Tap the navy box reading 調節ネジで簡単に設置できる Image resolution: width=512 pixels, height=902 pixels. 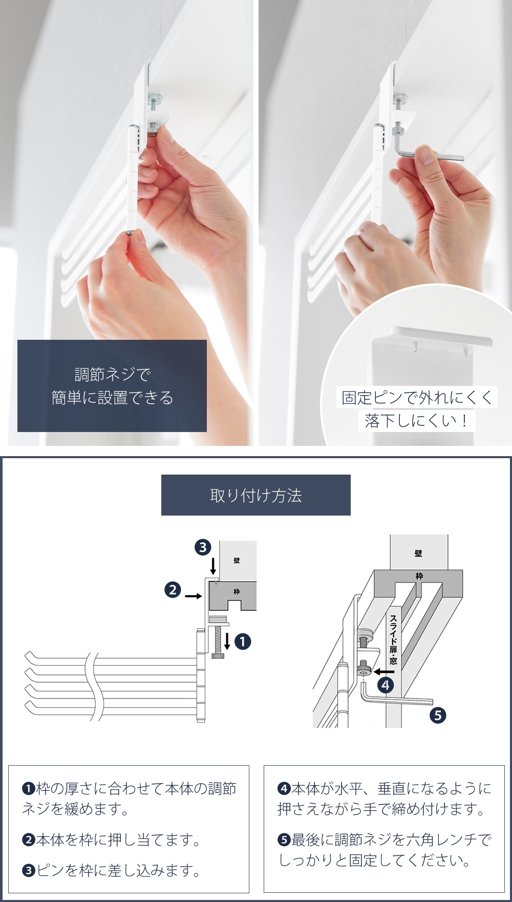click(x=112, y=385)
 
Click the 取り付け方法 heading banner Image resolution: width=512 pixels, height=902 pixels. click(x=256, y=495)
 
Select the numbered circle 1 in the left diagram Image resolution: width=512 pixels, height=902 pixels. click(x=243, y=641)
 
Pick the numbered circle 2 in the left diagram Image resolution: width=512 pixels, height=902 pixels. click(x=173, y=590)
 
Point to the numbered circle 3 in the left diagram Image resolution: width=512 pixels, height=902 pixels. click(x=203, y=547)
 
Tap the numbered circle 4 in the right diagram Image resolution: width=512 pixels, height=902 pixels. click(x=386, y=685)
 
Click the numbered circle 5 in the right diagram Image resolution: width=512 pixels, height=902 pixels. click(x=438, y=715)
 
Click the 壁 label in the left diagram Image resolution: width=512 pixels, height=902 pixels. click(x=237, y=560)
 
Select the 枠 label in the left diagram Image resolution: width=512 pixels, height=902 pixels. click(x=237, y=591)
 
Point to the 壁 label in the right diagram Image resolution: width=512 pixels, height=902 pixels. click(x=419, y=553)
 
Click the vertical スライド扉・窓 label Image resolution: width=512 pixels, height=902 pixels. click(x=393, y=640)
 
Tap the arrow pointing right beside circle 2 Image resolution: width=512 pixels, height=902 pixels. click(x=193, y=596)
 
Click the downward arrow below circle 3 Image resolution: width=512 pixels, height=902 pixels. click(x=213, y=566)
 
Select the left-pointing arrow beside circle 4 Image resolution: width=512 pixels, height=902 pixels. click(x=384, y=671)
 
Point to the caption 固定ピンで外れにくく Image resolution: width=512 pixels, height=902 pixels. click(x=417, y=397)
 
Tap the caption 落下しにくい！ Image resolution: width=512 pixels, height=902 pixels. click(x=417, y=421)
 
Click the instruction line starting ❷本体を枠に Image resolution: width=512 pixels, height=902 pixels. click(x=111, y=839)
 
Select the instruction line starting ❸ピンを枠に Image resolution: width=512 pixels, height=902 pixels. click(x=111, y=870)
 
